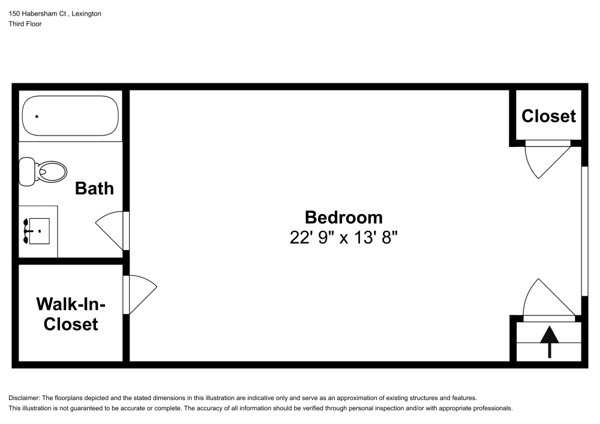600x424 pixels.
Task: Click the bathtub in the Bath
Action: tap(70, 116)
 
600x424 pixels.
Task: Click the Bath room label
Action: tap(94, 188)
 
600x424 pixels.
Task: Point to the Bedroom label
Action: tap(343, 216)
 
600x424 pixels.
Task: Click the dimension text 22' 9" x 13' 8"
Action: tap(344, 237)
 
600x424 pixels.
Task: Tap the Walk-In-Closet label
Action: tap(67, 314)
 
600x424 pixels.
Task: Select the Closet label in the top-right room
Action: tap(548, 116)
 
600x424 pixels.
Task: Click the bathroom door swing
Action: tap(111, 230)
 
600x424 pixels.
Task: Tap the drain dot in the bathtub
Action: tap(37, 116)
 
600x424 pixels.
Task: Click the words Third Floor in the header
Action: tap(25, 24)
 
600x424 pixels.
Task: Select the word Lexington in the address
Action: tap(85, 14)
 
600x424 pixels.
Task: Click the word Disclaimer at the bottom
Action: tap(26, 398)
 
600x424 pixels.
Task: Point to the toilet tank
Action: tap(27, 172)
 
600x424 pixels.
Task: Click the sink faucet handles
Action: tap(26, 231)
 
